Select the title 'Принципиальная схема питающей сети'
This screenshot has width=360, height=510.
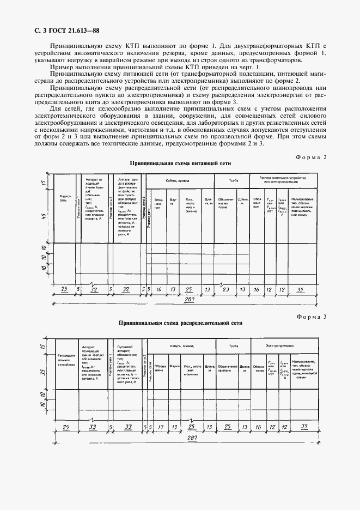pyautogui.click(x=180, y=163)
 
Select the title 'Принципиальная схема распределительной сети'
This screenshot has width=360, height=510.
pyautogui.click(x=180, y=323)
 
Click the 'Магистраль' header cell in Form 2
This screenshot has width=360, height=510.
pyautogui.click(x=64, y=199)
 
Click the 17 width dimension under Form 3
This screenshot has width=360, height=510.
pyautogui.click(x=160, y=427)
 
